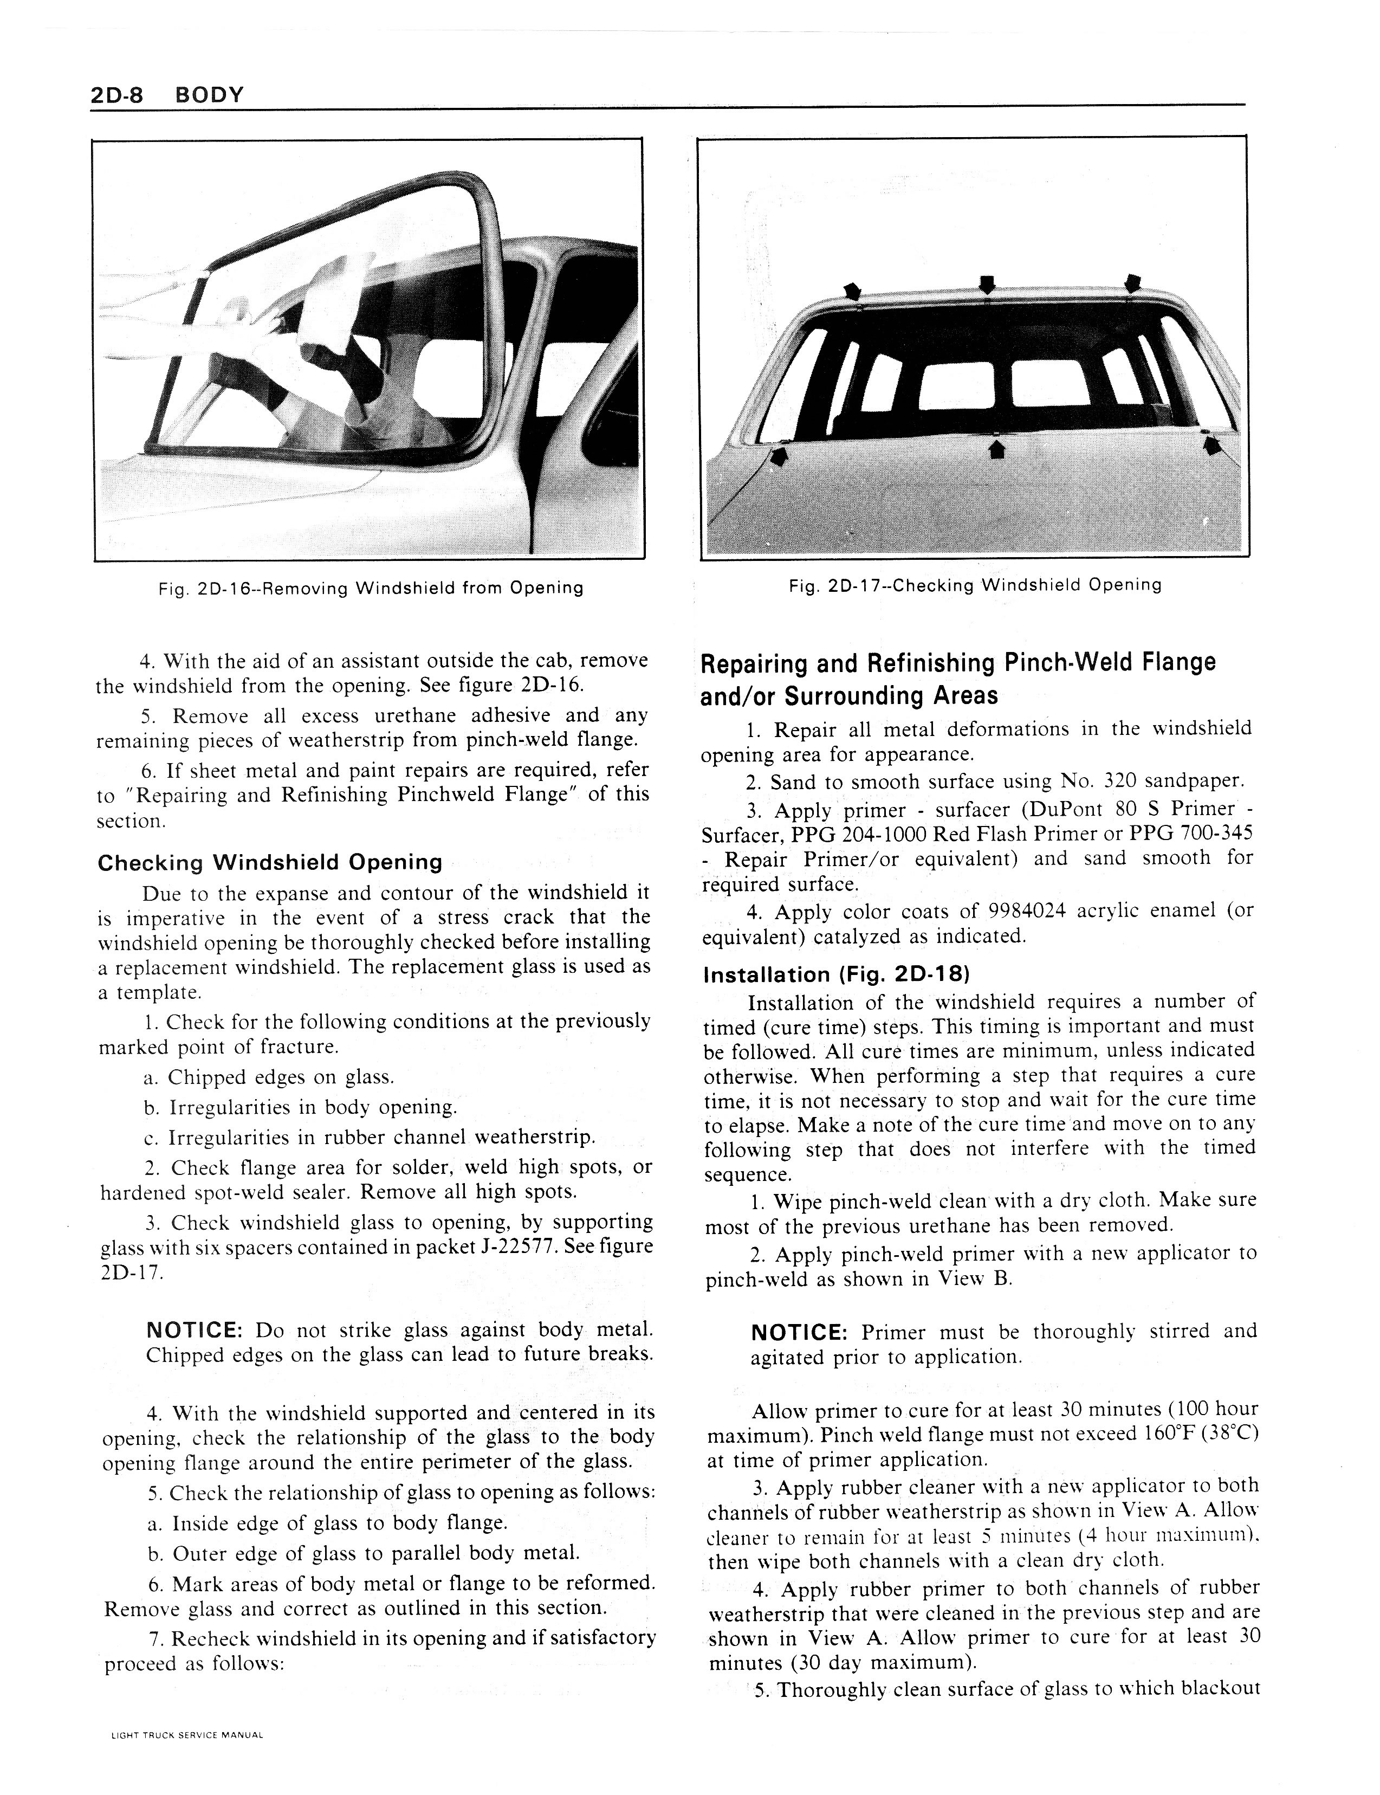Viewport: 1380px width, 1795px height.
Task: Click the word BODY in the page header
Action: (x=210, y=95)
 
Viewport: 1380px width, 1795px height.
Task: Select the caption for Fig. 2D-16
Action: (x=371, y=588)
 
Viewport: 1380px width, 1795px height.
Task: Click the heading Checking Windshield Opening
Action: (x=269, y=863)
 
